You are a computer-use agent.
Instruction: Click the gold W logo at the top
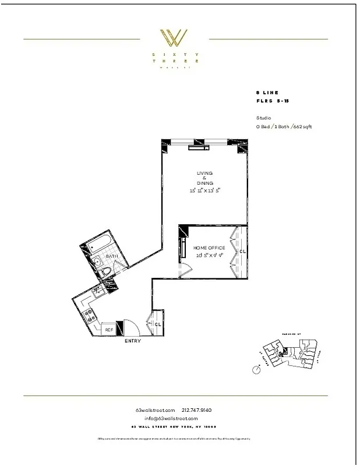174,38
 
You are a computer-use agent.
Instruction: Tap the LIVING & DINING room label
204,178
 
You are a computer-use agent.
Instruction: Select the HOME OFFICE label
209,248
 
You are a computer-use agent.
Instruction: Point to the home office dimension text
209,255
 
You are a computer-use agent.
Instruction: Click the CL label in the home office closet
242,252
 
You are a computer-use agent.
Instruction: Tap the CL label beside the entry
158,324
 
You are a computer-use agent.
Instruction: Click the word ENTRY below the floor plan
133,341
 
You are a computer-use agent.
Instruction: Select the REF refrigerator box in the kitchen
108,330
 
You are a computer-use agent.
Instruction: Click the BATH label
112,256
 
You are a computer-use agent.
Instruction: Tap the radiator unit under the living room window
198,147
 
